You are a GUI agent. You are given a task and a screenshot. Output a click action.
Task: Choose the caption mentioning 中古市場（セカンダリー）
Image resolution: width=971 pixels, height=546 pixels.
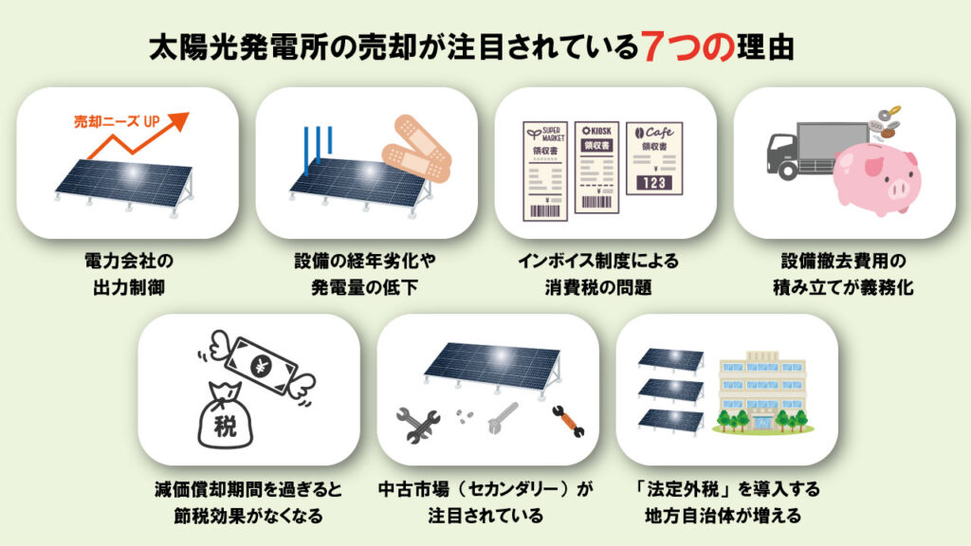coord(485,502)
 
